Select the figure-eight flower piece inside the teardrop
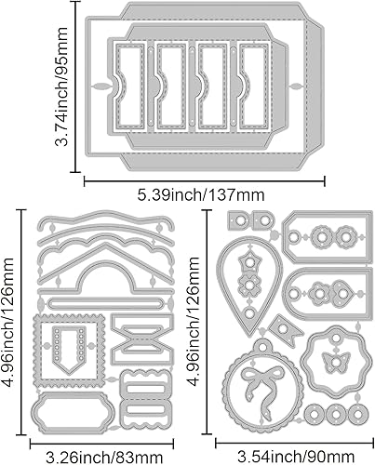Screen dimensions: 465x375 point(248,278)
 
